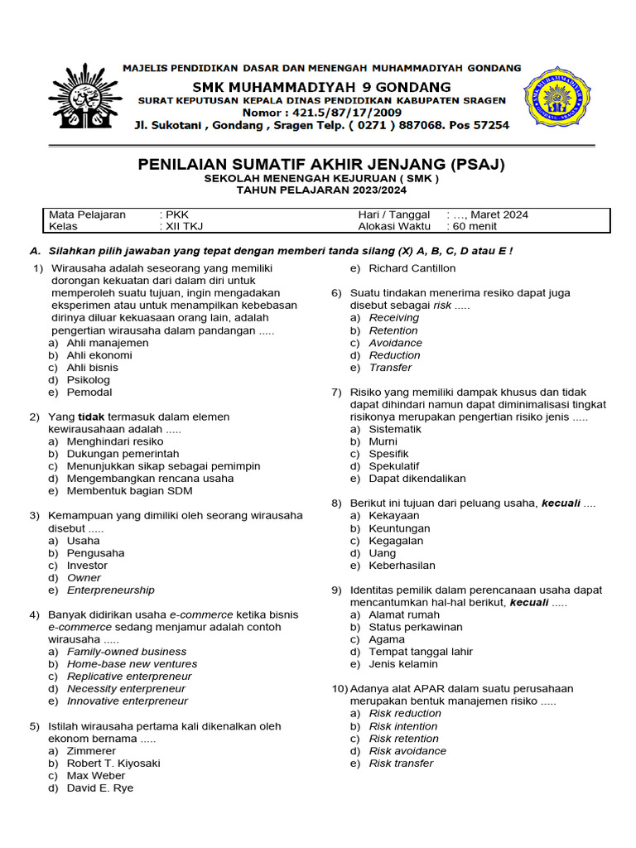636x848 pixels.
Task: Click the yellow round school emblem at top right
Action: [556, 99]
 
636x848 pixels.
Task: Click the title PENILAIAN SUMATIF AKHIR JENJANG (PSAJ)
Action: [320, 165]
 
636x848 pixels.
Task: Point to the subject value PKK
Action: [177, 214]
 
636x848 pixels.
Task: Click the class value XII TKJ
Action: [185, 226]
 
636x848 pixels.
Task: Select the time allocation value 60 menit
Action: [475, 226]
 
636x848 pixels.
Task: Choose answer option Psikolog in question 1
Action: [88, 380]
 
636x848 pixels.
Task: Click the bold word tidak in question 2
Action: [92, 417]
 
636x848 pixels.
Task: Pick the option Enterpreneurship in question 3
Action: [110, 590]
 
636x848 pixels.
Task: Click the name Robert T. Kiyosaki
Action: [113, 764]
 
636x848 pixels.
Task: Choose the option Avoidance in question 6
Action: [395, 343]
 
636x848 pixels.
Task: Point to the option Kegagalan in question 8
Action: [396, 541]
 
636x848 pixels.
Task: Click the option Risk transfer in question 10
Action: [401, 764]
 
